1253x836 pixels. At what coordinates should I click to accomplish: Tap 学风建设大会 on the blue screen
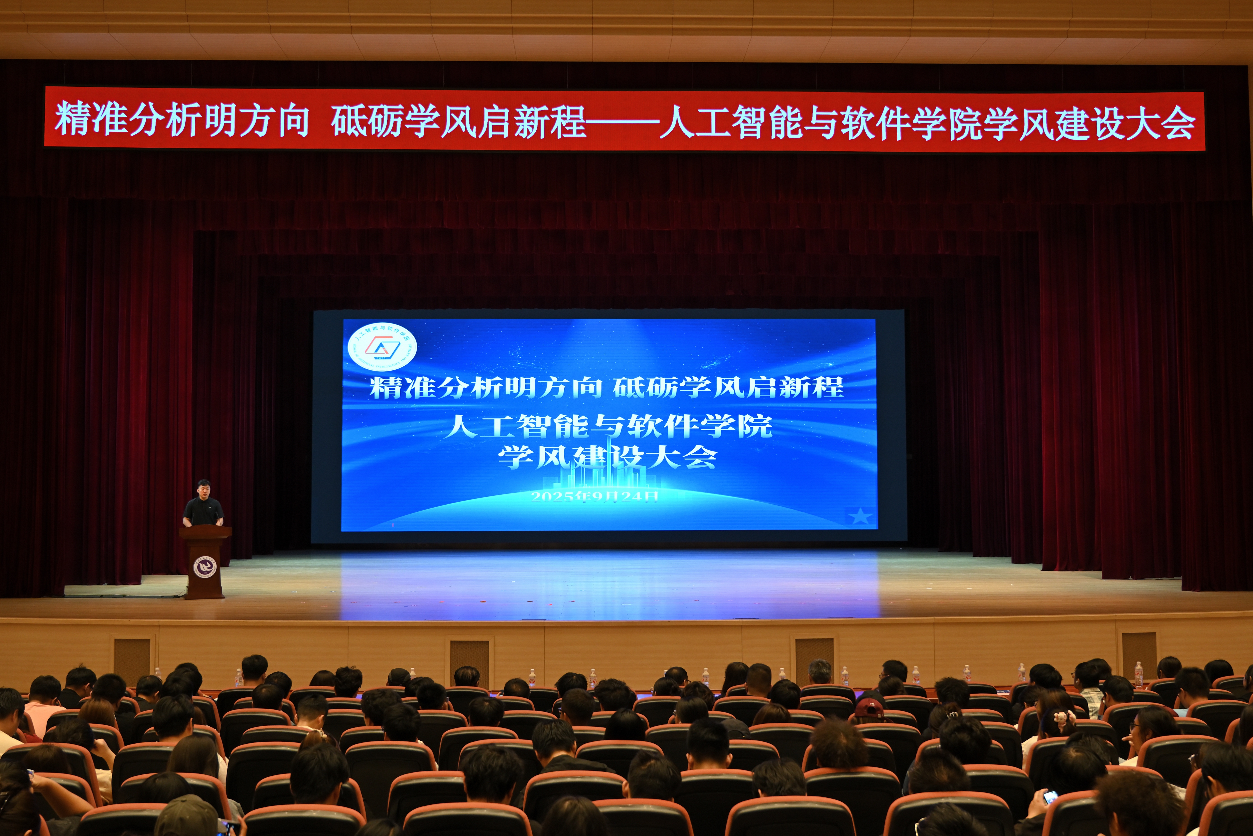[x=607, y=457]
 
